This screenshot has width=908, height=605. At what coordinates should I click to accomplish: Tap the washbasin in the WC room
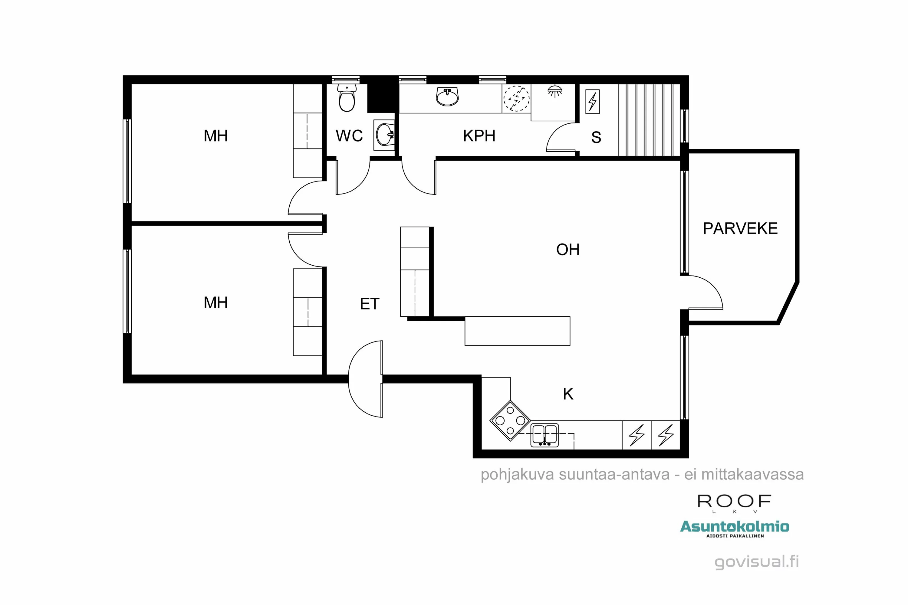pos(384,135)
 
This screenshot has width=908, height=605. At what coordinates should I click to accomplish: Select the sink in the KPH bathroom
pos(447,96)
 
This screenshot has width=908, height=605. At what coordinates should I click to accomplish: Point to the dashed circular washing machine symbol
pos(517,98)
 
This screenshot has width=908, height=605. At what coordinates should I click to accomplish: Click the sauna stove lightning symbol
pos(592,101)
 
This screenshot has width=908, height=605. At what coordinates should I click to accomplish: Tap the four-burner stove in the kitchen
pos(510,420)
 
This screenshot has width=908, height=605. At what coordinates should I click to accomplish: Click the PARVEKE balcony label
pos(740,228)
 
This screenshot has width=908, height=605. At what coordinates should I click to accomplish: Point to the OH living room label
pos(567,250)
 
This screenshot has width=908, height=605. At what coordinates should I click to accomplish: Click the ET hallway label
pos(370,304)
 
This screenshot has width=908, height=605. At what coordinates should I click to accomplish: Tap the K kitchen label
pos(568,394)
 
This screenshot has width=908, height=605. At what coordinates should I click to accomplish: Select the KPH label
pos(479,136)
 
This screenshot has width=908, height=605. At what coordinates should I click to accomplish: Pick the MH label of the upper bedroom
pos(215,136)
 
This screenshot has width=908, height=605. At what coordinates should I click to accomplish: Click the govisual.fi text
pos(756,562)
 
